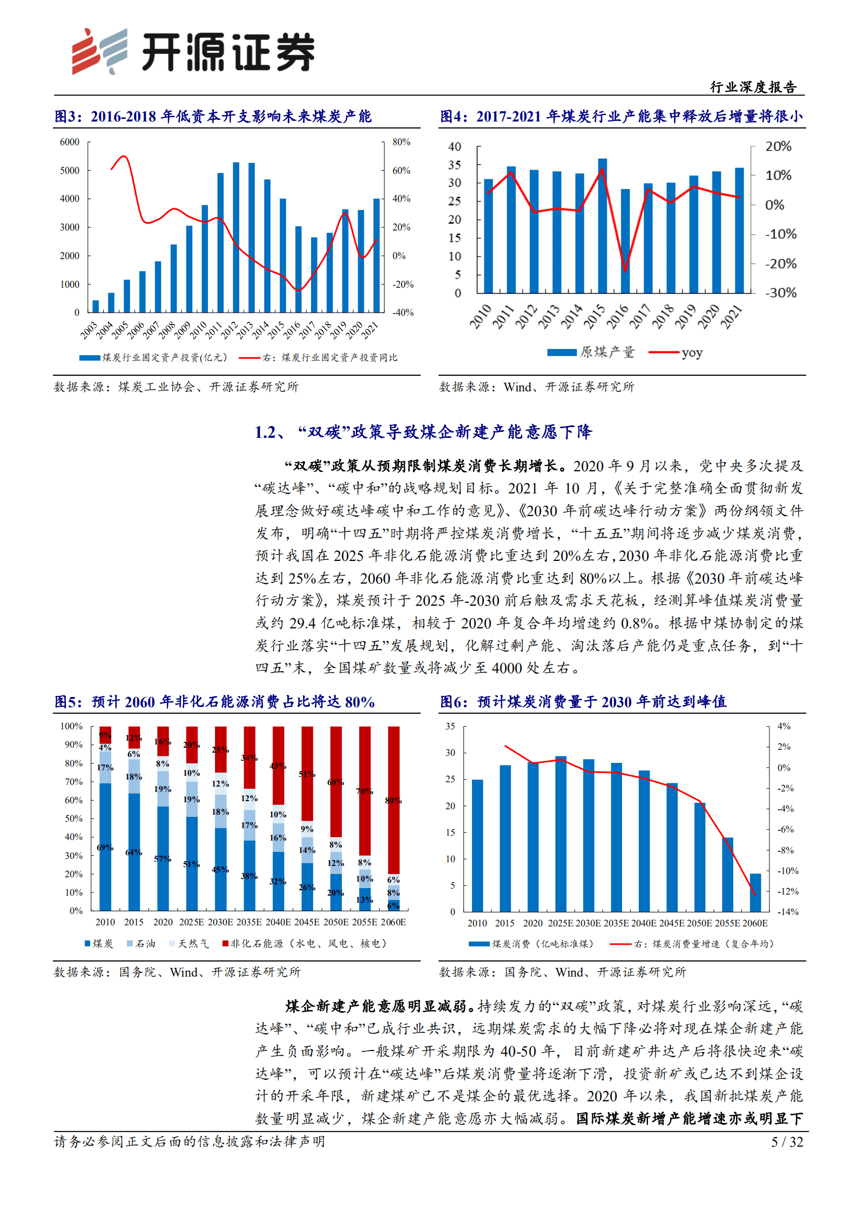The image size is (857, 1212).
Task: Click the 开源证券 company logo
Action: [x=193, y=51]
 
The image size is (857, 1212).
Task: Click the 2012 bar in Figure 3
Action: [x=236, y=238]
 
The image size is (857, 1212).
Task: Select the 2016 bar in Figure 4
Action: [x=625, y=241]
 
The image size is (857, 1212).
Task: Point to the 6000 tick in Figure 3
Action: [x=70, y=142]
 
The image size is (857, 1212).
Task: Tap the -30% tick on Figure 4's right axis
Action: [x=780, y=293]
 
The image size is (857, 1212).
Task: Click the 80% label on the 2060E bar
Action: [x=393, y=801]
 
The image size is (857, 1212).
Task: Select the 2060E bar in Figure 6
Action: [x=755, y=893]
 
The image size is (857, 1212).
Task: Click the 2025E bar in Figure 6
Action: [x=561, y=834]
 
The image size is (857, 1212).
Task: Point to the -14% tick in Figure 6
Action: [x=787, y=912]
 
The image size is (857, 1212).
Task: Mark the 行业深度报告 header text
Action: [x=753, y=87]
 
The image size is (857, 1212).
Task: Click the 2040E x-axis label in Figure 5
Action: [x=278, y=922]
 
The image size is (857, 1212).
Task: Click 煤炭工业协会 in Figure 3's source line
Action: [x=156, y=387]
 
